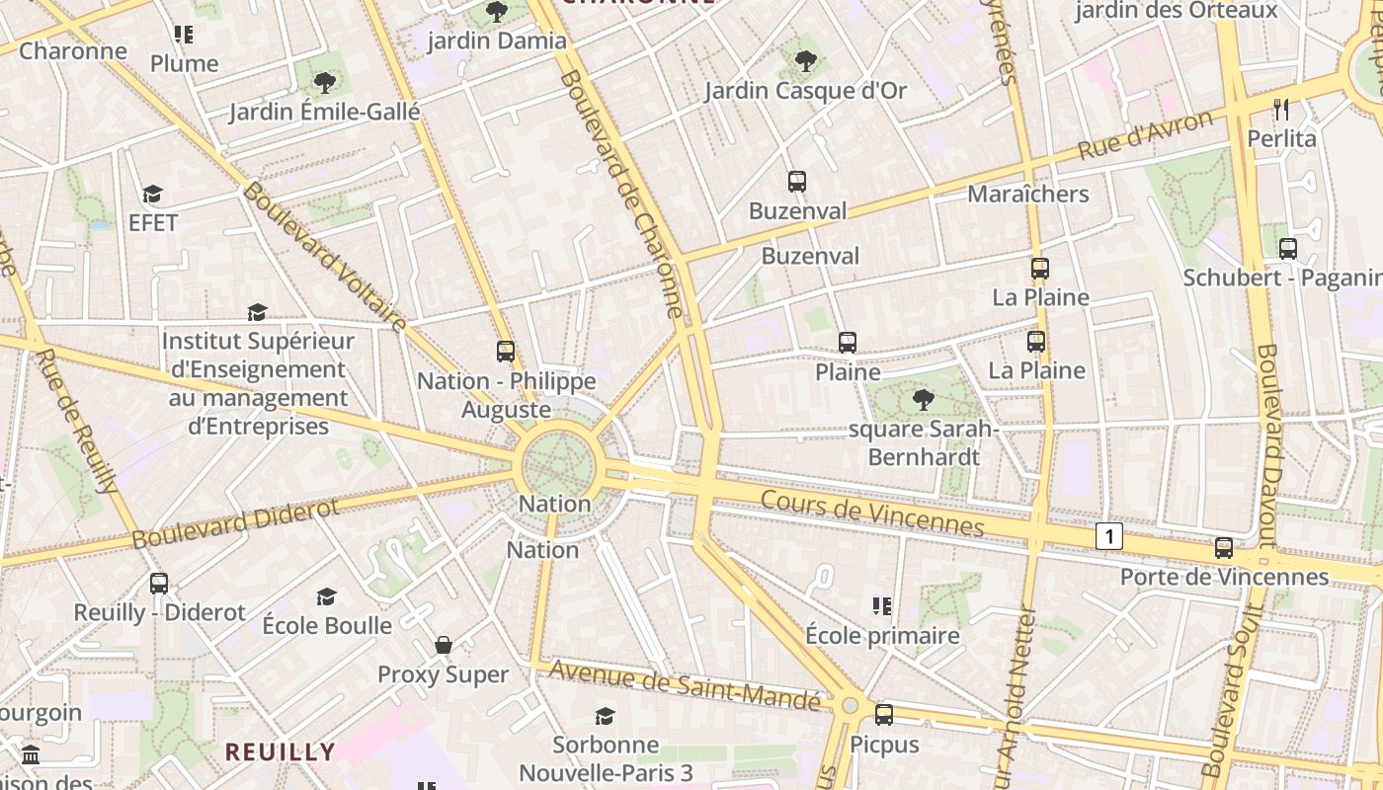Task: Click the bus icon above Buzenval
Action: pos(797,182)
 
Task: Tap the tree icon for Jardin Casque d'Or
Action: pos(806,61)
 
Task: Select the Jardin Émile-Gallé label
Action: pos(325,112)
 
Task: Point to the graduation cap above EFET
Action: pos(152,194)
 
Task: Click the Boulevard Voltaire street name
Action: pos(325,256)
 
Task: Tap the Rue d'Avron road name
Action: pos(1145,135)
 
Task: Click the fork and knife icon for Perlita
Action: pos(1281,110)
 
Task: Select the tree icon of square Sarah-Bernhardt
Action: pos(923,400)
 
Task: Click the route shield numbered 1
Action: pos(1109,536)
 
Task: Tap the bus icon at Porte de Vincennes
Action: pos(1224,548)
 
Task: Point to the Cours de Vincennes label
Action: pos(872,513)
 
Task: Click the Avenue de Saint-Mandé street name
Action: pos(686,684)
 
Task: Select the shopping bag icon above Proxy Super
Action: pos(444,646)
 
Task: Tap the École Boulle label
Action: pos(327,625)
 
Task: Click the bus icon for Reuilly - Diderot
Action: pos(159,584)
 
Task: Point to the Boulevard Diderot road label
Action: pos(235,523)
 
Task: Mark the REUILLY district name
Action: pos(281,751)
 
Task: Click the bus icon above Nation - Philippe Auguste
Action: pos(506,352)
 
